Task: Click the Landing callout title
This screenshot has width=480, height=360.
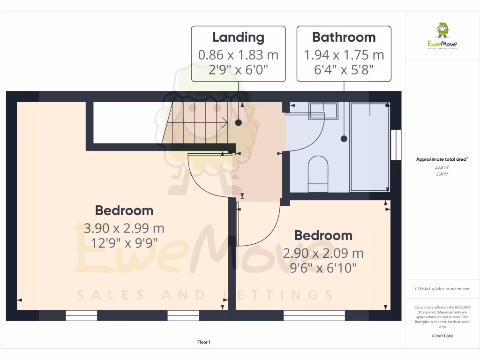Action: (238, 37)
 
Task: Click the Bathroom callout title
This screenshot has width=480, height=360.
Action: (344, 37)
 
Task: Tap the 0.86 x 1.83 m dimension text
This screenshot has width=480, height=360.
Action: (238, 55)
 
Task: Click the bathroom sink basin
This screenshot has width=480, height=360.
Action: (323, 111)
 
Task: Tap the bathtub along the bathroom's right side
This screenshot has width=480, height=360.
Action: (370, 147)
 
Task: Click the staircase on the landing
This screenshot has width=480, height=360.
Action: (197, 123)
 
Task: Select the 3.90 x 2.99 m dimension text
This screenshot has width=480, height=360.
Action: (124, 228)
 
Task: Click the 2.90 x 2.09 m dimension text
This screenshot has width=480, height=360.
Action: (323, 254)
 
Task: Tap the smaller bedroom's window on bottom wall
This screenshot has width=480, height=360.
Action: (314, 315)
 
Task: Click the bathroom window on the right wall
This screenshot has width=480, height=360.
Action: (396, 144)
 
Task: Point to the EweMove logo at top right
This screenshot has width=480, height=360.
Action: (442, 37)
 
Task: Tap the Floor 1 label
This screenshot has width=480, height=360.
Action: (204, 342)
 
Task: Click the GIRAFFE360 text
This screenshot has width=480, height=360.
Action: (442, 336)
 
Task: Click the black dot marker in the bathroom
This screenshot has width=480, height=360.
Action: (344, 139)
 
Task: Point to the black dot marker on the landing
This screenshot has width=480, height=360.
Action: (239, 123)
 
